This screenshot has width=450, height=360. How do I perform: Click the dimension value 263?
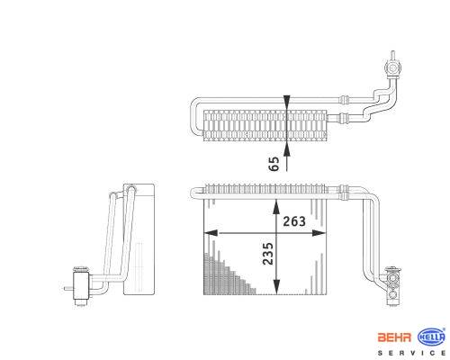(x=294, y=221)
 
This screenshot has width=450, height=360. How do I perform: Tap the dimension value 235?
(x=268, y=254)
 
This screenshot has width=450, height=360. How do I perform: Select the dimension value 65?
(x=274, y=164)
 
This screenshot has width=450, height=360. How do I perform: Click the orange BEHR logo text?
(x=394, y=337)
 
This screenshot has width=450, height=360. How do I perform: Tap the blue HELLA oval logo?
(x=431, y=337)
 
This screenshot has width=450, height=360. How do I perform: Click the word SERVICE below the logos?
(x=411, y=353)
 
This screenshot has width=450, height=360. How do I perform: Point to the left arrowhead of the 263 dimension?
(x=211, y=233)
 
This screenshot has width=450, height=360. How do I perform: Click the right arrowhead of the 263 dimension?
(x=319, y=233)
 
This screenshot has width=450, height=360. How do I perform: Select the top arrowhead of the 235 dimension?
(x=276, y=207)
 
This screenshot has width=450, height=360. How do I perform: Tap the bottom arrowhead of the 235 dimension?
(x=276, y=287)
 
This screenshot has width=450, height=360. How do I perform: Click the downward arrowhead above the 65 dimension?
(x=287, y=102)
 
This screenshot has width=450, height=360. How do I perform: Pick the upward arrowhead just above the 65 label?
(x=287, y=149)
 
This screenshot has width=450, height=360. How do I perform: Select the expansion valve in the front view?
(x=392, y=286)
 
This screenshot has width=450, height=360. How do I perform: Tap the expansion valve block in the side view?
(x=81, y=286)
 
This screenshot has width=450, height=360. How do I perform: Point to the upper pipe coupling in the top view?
(x=344, y=100)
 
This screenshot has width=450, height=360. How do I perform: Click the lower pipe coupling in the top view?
(x=344, y=118)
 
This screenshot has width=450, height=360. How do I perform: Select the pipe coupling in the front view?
(x=343, y=193)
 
